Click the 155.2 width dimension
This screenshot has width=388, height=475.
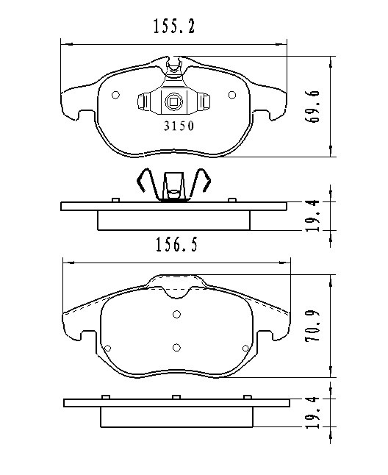[173, 26]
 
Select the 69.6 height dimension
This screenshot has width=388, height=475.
[312, 106]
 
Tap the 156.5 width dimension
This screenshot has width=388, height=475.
[176, 244]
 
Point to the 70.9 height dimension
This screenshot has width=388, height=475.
[312, 326]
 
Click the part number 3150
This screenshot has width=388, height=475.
[179, 126]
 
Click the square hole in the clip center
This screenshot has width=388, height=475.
[173, 101]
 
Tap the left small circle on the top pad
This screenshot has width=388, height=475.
[115, 95]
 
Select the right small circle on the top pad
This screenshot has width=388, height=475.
[232, 95]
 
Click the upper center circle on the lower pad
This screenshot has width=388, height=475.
[177, 314]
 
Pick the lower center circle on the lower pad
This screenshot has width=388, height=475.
[177, 348]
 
